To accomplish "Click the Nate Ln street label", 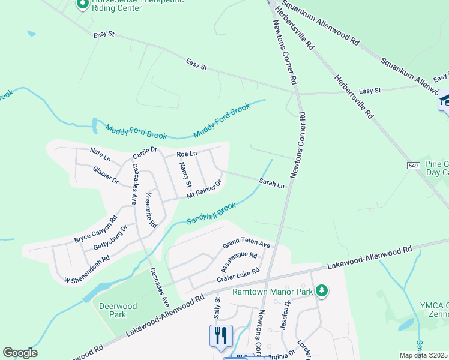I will coord(100,154).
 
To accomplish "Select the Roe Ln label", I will coord(187,154).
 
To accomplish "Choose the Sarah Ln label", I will coord(271,182).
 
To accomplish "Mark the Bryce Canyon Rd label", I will coord(95,229).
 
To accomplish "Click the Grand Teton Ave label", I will coord(247,244).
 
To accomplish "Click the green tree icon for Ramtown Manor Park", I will coord(322,291).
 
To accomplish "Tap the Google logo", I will coord(20,352).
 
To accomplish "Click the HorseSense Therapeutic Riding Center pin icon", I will coord(83,5).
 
